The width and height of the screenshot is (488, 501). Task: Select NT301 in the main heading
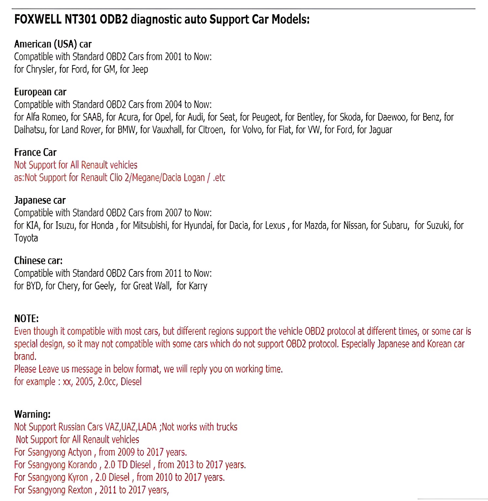pos(80,20)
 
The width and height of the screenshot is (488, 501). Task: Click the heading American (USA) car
pos(53,44)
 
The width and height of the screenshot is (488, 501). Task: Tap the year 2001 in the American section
pos(173,57)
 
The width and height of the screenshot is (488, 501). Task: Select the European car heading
pos(40,92)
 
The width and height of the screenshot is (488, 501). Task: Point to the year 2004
pos(173,105)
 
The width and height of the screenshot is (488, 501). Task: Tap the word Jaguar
pos(380,130)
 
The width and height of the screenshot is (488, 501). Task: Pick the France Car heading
pos(35,152)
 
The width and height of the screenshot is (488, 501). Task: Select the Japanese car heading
pos(40,200)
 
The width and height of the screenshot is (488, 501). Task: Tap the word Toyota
pos(26,238)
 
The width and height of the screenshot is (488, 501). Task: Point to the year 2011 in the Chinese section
pos(173,273)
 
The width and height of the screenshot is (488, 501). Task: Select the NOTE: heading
pos(27,319)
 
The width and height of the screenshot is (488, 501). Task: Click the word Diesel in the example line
pos(131,382)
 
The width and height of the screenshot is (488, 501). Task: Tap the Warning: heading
pos(32,414)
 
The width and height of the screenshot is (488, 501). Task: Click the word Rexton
pos(80,490)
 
